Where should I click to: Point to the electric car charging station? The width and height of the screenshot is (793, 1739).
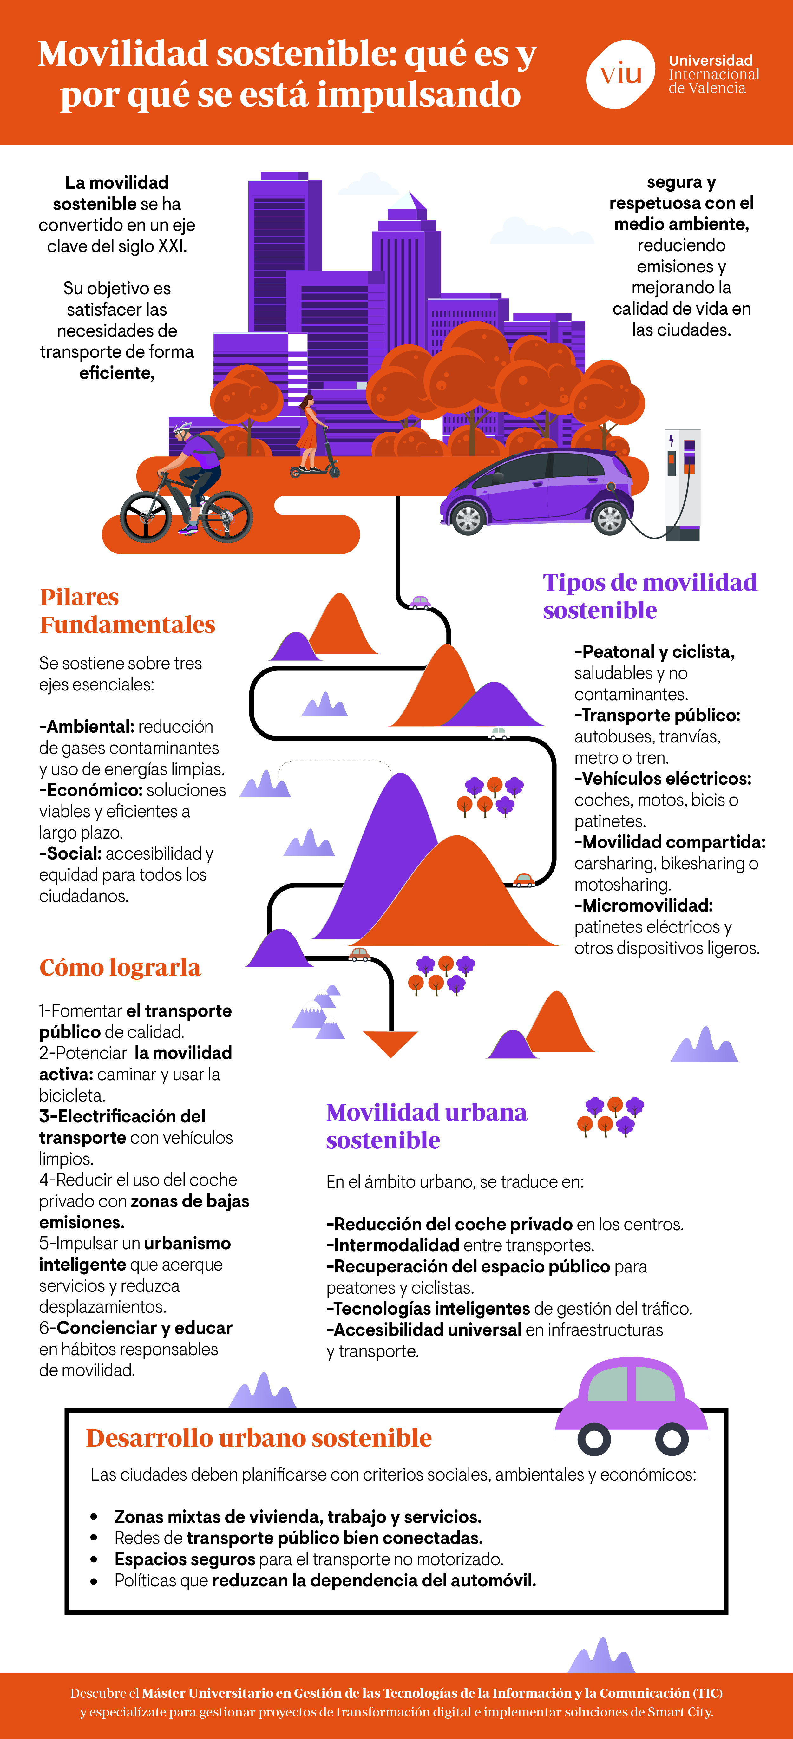coord(682,483)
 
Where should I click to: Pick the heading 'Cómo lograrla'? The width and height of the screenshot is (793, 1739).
coord(120,967)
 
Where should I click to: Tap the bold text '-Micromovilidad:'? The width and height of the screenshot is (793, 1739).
coord(643,905)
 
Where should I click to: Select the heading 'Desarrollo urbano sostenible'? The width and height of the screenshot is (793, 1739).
coord(259,1438)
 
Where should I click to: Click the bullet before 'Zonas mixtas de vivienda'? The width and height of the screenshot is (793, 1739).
coord(94,1517)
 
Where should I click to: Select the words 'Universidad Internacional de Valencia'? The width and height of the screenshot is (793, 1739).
coord(713,74)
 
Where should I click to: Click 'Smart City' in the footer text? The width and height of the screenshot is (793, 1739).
coord(680,1712)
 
